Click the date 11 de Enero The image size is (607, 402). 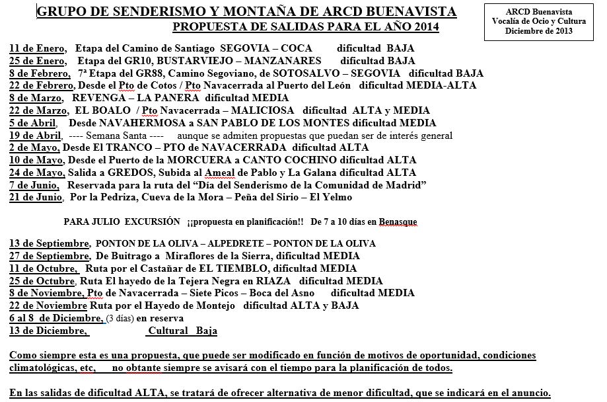pos(38,49)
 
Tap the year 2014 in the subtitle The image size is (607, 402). pos(424,27)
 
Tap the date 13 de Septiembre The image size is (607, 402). pos(49,243)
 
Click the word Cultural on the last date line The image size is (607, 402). pos(168,331)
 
